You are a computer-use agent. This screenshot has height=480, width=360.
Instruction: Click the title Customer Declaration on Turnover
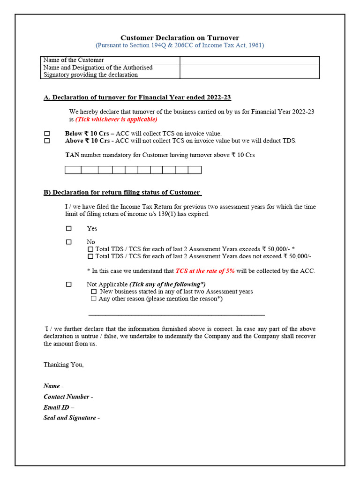coord(180,37)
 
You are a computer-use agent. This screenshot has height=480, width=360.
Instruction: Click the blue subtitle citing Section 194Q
coord(180,45)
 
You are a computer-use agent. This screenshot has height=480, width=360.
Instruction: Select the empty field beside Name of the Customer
coord(249,60)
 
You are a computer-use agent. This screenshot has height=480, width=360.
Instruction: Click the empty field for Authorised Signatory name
coord(249,71)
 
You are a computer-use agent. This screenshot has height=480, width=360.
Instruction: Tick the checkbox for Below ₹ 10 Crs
coord(47,134)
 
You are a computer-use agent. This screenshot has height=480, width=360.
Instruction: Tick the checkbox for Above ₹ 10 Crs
coord(47,141)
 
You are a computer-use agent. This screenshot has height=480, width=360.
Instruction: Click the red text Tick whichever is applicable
coord(116,119)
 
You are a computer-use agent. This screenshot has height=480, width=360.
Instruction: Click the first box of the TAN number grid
coord(73,170)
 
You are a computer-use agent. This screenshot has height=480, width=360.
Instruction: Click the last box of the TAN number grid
coord(195,170)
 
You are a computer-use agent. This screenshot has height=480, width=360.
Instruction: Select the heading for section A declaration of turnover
coord(137,97)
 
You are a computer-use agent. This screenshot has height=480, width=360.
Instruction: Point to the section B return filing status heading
coord(122,192)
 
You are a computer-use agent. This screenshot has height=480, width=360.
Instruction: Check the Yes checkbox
coord(69,228)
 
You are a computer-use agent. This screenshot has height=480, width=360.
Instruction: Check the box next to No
coord(69,242)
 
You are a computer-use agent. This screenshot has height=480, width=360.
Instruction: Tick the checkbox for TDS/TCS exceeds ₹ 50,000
coord(90,249)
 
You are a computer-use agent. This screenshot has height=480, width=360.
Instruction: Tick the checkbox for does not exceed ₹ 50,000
coord(90,256)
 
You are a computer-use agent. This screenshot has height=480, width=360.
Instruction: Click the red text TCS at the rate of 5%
coord(205,271)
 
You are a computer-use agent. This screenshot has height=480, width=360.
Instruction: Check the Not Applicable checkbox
coord(69,284)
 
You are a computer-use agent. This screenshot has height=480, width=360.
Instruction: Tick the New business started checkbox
coord(94,292)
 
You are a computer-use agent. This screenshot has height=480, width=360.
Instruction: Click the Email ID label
coord(59,407)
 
